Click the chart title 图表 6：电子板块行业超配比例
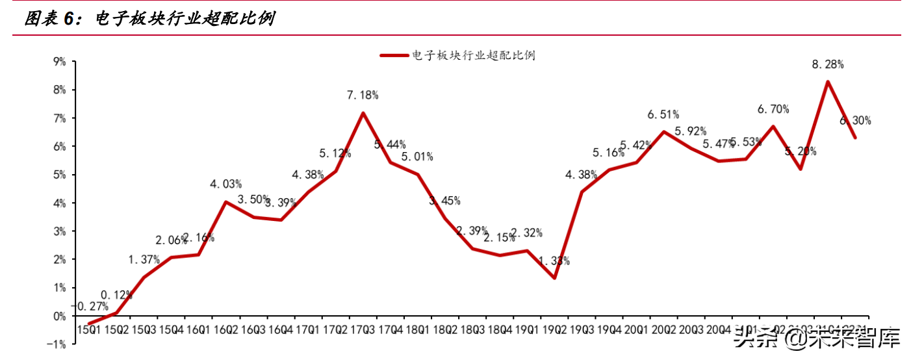point(149,19)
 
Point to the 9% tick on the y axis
point(60,62)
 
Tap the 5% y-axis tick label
point(60,175)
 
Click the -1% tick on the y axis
point(58,344)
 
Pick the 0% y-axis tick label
point(60,316)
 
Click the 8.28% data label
point(827,64)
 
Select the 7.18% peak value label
point(363,96)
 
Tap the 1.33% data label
point(554,261)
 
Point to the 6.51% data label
point(663,115)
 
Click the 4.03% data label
point(225,184)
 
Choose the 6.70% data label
point(773,109)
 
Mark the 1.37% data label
point(144,259)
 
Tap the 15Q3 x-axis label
point(144,330)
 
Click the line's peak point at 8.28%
point(827,81)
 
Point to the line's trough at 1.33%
point(554,278)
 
